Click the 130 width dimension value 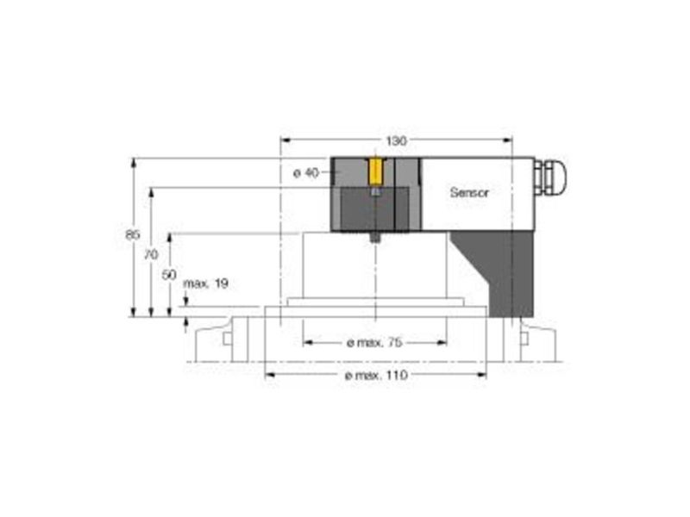(x=396, y=140)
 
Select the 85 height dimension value (x=133, y=234)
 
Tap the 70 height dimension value (x=151, y=254)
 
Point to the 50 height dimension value (x=169, y=275)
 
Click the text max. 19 (x=205, y=283)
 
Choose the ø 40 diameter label (x=306, y=173)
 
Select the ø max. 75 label (x=374, y=342)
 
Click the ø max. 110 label (x=376, y=376)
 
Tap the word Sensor (x=469, y=192)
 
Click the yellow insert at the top (x=375, y=172)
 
